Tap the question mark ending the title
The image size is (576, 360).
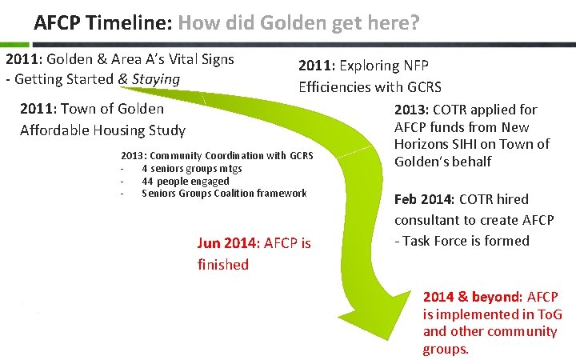(414, 22)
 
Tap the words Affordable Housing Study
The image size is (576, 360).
(102, 130)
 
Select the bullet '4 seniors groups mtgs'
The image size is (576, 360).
(191, 169)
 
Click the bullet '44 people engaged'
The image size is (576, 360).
(185, 181)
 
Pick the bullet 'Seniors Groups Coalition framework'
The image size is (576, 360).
(224, 193)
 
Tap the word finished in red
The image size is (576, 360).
(223, 264)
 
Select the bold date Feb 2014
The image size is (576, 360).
(427, 198)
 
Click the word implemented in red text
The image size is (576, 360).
(478, 314)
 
